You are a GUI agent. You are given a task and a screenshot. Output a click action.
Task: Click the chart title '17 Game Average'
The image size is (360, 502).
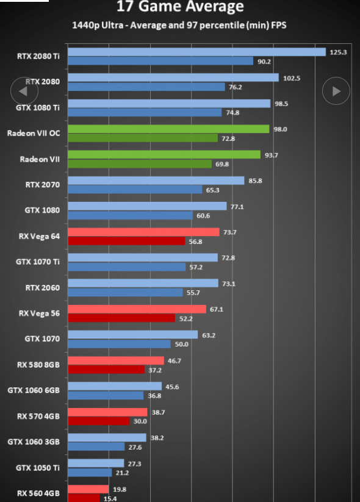point(180,5)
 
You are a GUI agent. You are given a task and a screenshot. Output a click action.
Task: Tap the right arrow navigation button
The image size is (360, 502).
point(336,91)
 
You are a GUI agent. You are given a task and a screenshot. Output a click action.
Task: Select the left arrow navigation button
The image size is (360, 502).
point(24,91)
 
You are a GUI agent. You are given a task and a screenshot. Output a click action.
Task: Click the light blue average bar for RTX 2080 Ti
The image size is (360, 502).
point(196,52)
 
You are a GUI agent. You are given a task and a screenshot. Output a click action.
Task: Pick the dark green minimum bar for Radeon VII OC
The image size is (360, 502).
point(143,138)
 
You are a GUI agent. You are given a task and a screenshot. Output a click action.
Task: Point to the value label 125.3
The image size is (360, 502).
point(338,52)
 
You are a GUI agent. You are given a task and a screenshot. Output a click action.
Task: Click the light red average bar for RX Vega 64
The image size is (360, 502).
point(143,232)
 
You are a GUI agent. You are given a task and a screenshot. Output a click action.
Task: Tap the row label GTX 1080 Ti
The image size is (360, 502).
point(38,107)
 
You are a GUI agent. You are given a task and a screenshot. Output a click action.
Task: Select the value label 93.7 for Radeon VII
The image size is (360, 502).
point(272,156)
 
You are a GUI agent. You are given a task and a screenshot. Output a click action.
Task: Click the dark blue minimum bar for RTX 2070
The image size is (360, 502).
point(135,190)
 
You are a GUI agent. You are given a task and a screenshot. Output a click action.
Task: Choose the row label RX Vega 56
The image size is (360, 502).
point(39,314)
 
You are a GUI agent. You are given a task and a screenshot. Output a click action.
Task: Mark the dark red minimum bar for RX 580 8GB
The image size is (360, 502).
point(106,370)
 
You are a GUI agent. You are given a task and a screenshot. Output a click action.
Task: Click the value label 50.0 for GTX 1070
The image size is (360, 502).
point(182,344)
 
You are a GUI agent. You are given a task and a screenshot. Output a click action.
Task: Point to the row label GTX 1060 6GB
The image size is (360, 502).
point(34,390)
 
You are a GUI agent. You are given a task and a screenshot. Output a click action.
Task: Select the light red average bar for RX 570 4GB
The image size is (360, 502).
point(107,412)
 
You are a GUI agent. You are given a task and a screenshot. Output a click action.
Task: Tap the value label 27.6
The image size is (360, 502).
point(135,447)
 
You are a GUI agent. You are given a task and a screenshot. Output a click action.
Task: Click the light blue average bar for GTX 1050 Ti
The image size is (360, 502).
point(96,463)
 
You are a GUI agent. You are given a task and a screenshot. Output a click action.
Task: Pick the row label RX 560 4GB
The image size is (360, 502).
point(38,493)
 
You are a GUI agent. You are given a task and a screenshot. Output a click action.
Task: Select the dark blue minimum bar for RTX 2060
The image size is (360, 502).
point(125,292)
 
